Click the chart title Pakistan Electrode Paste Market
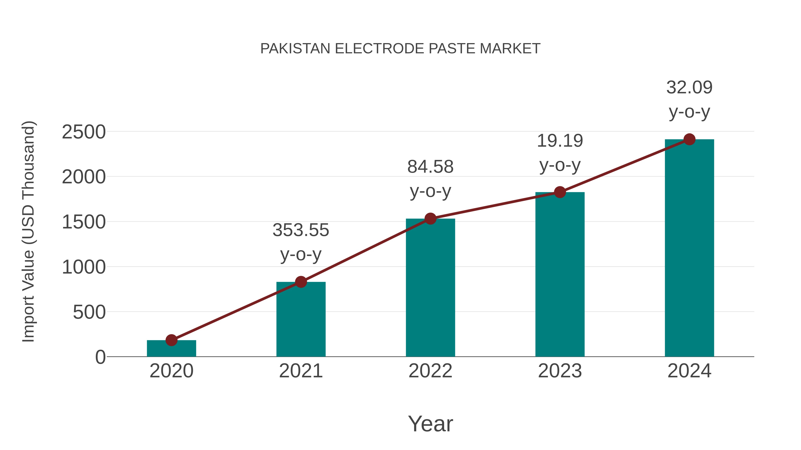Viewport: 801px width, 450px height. coord(400,49)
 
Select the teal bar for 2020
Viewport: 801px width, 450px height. coord(171,349)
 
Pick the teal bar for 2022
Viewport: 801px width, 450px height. coord(430,289)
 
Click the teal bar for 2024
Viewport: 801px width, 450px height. coord(689,248)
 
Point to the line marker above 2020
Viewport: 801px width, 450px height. coord(171,340)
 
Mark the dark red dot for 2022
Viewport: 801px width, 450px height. coord(430,219)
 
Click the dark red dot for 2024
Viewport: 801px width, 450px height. coord(689,139)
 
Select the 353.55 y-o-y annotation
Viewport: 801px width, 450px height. coord(301,242)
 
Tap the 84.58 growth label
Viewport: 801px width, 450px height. coord(430,179)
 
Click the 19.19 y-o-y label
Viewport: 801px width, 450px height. coord(560,153)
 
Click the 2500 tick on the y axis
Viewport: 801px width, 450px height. coord(84,132)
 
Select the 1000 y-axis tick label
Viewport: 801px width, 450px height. coord(84,267)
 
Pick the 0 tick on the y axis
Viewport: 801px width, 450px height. coord(100,357)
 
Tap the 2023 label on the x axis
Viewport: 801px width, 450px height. coord(560,371)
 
